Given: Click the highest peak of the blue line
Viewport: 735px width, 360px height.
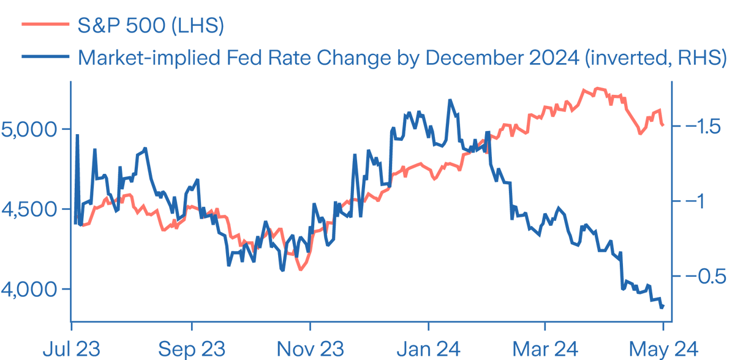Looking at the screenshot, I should (x=450, y=99).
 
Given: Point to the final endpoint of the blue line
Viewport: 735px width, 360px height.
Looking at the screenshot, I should (x=663, y=306).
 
